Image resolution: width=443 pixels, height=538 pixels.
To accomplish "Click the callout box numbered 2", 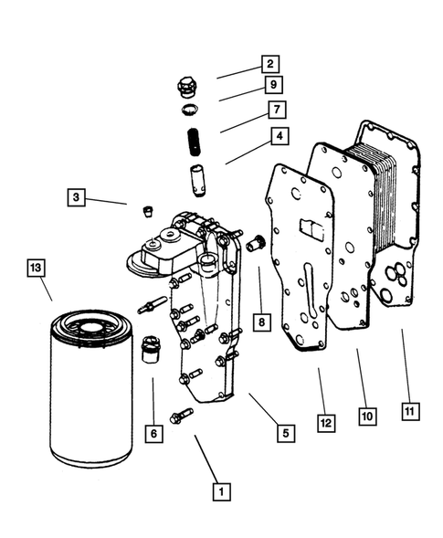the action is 270,64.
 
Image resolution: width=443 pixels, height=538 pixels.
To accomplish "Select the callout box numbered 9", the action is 273,84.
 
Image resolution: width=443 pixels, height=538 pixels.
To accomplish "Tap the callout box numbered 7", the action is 277,110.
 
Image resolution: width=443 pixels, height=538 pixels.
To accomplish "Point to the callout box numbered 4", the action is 280,136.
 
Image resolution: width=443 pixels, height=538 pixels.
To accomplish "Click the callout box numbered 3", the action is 76,197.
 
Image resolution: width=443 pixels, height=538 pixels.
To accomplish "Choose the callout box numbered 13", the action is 36,268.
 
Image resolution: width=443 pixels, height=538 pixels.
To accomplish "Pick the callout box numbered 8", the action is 262,322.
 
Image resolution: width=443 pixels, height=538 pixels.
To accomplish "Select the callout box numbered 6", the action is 153,434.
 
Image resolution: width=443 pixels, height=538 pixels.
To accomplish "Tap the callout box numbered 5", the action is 286,433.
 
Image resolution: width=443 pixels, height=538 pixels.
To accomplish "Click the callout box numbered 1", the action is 221,491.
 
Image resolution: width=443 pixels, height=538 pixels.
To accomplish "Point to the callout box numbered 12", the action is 326,423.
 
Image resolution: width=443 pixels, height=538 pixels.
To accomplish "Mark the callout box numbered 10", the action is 367,417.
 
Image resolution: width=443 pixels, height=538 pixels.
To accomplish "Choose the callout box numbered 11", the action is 410,411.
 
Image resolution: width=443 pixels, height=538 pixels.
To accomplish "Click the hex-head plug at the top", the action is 186,88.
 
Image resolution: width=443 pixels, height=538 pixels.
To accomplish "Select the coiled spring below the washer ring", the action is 194,142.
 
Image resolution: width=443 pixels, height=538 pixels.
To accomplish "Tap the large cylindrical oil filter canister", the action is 91,388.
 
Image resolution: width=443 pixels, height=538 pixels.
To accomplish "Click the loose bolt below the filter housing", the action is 181,416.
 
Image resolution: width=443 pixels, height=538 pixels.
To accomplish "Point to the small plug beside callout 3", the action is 148,211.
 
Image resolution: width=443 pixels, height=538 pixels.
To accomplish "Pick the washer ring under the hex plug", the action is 190,110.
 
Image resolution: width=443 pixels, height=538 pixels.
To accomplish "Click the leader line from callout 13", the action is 46,289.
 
